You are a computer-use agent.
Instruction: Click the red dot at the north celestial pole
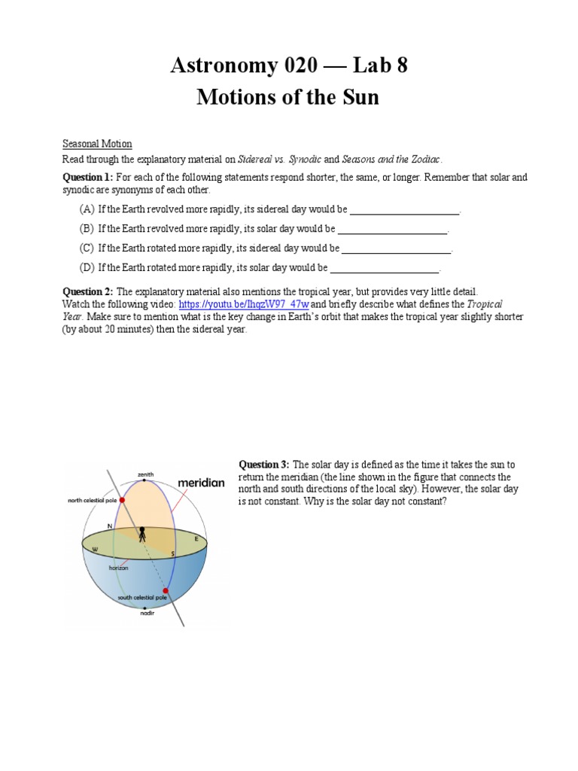coord(122,499)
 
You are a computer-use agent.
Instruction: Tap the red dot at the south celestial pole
coord(166,591)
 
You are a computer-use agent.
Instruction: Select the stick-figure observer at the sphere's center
coord(142,535)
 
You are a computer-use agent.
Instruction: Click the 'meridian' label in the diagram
coord(201,482)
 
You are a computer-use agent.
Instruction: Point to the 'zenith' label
coord(145,474)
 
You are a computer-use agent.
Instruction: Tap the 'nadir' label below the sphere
coord(147,613)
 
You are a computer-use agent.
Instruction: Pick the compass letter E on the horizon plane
coord(198,539)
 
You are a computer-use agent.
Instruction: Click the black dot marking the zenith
coord(145,481)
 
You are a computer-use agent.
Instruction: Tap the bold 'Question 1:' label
coord(88,177)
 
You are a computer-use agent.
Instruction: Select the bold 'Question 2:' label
coord(87,291)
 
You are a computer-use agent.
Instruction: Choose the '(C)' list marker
coord(87,248)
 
